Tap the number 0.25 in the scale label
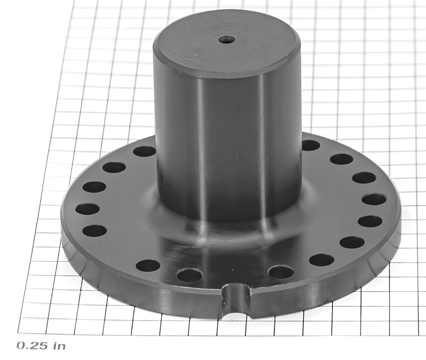coord(32,346)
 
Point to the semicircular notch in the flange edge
coord(236,300)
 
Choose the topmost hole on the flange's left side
coord(145,152)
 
